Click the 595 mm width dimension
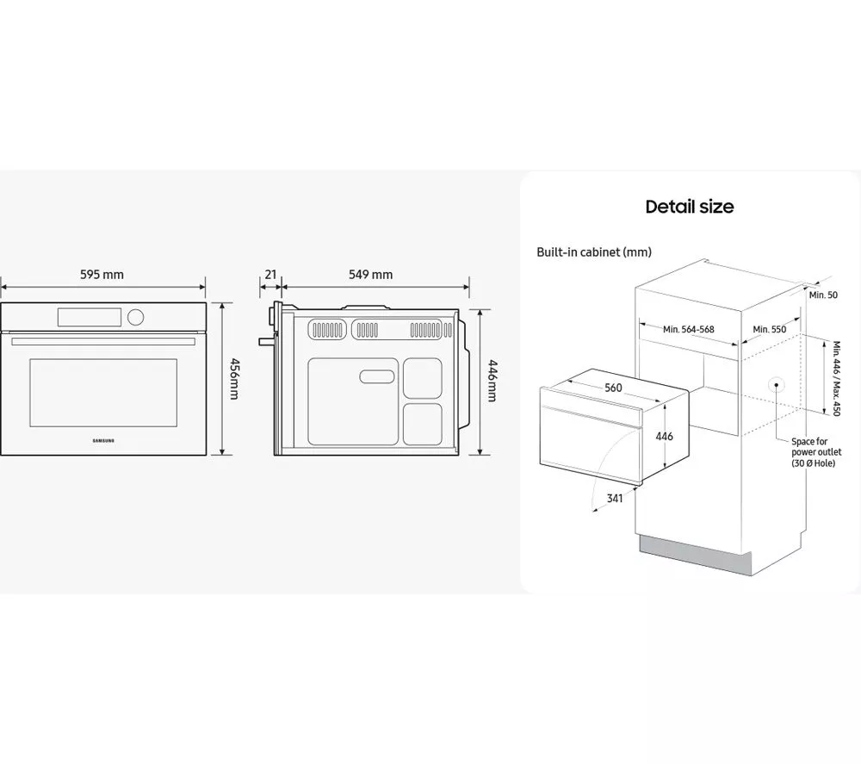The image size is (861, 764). (x=102, y=275)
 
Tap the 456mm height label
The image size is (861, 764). (x=234, y=379)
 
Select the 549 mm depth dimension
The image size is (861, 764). (x=370, y=275)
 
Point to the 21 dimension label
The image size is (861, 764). (x=270, y=275)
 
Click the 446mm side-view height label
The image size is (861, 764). (x=492, y=381)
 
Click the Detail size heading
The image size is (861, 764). (x=690, y=207)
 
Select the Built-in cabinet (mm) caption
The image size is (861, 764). (x=594, y=252)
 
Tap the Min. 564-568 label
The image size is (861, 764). (x=689, y=330)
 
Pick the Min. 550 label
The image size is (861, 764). (x=769, y=330)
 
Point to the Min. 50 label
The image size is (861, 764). (x=823, y=295)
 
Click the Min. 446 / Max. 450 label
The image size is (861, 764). (x=836, y=378)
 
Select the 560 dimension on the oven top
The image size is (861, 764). (x=613, y=388)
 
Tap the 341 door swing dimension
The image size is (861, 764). (x=615, y=498)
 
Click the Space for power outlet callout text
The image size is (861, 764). (x=816, y=452)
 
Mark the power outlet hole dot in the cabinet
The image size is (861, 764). (x=777, y=384)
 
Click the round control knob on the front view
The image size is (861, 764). (x=136, y=317)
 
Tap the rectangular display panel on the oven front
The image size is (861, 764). (x=90, y=317)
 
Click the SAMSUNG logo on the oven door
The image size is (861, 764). (x=103, y=440)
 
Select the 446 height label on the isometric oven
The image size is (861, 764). (x=665, y=436)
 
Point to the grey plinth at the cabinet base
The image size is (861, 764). (x=695, y=556)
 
